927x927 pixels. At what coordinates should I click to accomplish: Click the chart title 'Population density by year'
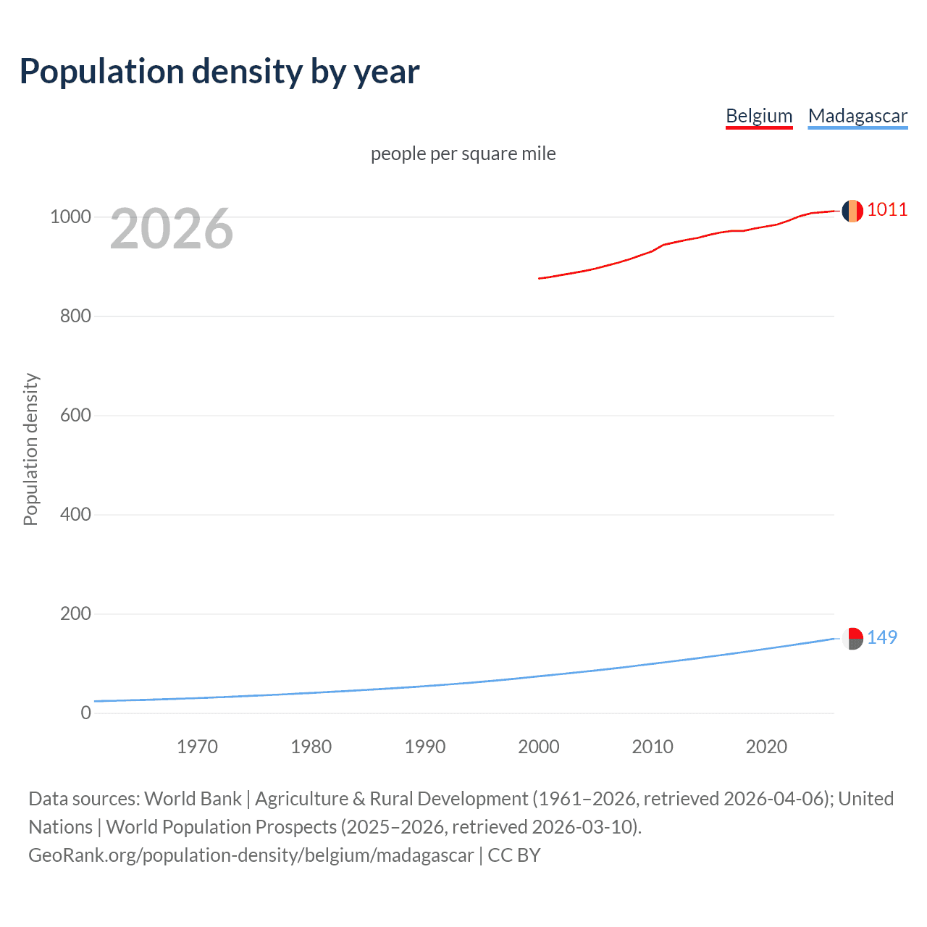coord(219,72)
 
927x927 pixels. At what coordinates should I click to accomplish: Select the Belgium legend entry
coord(759,116)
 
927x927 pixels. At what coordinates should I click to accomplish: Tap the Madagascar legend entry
coord(857,116)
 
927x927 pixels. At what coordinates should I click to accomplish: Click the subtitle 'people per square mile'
coord(463,154)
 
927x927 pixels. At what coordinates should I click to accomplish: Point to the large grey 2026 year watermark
coord(172,229)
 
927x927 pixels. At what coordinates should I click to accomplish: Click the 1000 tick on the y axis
coord(70,217)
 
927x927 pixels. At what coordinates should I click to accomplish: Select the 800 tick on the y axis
coord(75,316)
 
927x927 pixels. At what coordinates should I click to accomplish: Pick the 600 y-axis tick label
coord(75,415)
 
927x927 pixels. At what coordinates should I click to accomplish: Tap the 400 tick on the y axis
coord(75,514)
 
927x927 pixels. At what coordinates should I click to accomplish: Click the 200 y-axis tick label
coord(75,613)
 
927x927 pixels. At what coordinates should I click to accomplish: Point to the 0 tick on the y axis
coord(86,713)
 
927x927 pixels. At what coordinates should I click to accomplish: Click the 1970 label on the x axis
coord(197,747)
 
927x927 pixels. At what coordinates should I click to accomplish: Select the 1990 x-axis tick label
coord(425,747)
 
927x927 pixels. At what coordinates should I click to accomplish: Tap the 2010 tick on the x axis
coord(653,747)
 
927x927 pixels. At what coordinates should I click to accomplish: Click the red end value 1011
coord(887,210)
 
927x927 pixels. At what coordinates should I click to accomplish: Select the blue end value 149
coord(882,637)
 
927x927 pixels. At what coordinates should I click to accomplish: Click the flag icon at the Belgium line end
coord(852,211)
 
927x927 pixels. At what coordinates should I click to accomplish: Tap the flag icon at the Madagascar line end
coord(852,639)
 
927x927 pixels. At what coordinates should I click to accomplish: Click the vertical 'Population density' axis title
coord(30,449)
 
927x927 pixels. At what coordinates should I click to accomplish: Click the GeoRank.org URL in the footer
coord(251,855)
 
